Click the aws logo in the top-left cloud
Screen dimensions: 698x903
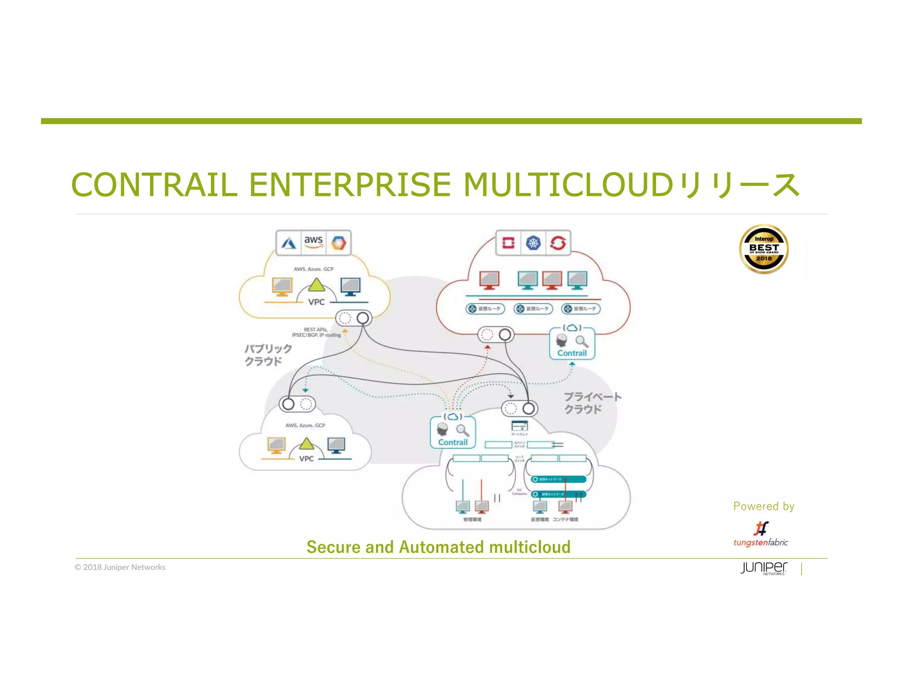click(x=313, y=241)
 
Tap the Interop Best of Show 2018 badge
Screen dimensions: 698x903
click(x=764, y=249)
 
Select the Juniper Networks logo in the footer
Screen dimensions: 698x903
click(x=764, y=568)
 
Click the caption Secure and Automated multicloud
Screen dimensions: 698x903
click(x=438, y=547)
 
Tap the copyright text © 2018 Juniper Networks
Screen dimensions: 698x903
click(x=120, y=567)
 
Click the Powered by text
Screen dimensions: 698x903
click(x=764, y=506)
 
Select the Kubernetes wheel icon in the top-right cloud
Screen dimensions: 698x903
click(x=533, y=243)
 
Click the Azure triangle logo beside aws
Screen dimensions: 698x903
click(x=289, y=243)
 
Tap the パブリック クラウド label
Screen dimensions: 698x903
click(x=268, y=355)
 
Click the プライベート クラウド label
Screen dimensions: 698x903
click(x=592, y=402)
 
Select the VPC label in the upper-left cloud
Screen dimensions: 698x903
click(x=316, y=302)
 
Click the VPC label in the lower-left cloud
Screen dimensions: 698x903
click(x=306, y=459)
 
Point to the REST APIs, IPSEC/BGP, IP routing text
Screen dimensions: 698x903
click(x=317, y=332)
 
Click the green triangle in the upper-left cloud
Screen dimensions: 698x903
click(x=316, y=285)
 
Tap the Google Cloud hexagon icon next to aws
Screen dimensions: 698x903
click(x=339, y=243)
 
